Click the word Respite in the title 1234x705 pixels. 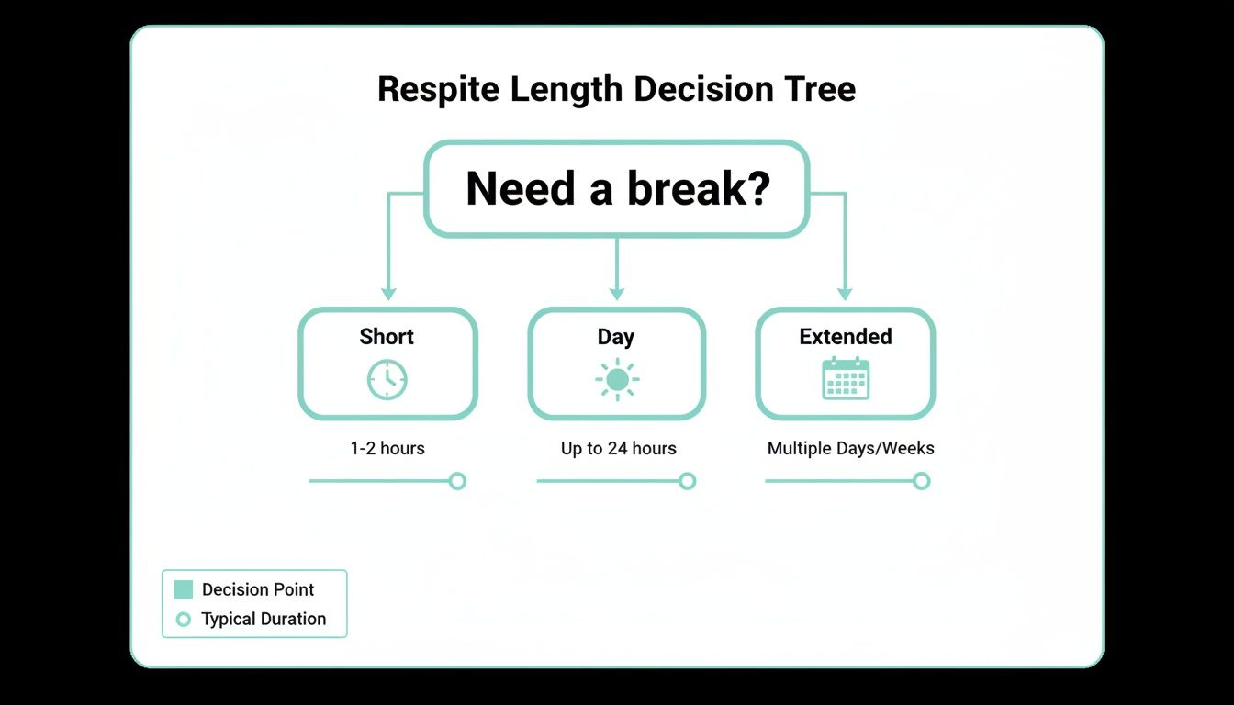pos(438,90)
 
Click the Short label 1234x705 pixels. pos(387,337)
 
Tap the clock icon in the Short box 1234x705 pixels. pos(387,379)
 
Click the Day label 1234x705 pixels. pos(615,337)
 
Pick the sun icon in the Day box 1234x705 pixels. pos(616,379)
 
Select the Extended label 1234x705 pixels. pos(845,337)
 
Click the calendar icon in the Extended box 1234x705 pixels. pos(845,378)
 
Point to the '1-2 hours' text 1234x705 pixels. pos(387,449)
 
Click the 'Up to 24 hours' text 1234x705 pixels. pos(618,449)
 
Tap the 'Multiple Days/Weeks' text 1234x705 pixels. pos(850,449)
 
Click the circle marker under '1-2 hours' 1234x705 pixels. pos(457,481)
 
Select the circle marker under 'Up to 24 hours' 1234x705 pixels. pos(687,481)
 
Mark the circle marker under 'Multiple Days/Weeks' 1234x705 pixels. pos(921,481)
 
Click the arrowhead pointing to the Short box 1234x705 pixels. pos(388,294)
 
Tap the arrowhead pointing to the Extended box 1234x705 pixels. pos(845,294)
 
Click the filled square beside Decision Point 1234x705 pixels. pos(184,589)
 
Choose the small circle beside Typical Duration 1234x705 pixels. pos(184,620)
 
